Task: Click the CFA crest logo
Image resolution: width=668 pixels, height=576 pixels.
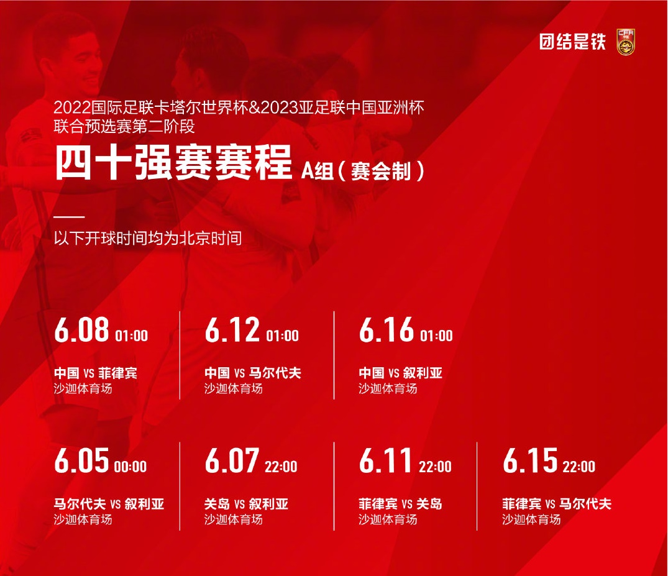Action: tap(626, 42)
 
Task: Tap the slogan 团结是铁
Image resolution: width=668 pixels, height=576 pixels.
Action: tap(572, 42)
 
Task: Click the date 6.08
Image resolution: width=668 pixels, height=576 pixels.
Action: tap(82, 330)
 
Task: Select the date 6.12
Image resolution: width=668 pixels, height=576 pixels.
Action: tap(232, 330)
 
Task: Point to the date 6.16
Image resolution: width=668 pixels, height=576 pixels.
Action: tap(387, 330)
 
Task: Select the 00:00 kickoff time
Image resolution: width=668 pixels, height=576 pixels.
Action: tap(130, 467)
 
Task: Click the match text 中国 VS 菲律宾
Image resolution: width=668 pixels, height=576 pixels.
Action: tap(96, 373)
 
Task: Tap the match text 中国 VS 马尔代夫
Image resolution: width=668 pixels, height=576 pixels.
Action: tap(253, 373)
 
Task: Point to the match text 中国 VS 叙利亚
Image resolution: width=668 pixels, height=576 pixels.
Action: tap(400, 373)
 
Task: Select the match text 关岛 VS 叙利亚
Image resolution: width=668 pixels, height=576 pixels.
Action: tap(246, 505)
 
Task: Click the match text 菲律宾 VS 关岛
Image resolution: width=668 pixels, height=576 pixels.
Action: tap(400, 505)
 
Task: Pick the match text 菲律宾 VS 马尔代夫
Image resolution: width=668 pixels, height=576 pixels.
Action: tap(557, 505)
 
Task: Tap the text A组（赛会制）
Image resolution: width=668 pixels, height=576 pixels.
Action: tap(363, 171)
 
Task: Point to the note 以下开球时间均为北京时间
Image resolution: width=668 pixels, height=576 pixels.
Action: tap(148, 238)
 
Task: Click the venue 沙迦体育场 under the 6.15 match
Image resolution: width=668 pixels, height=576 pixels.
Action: tap(531, 519)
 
